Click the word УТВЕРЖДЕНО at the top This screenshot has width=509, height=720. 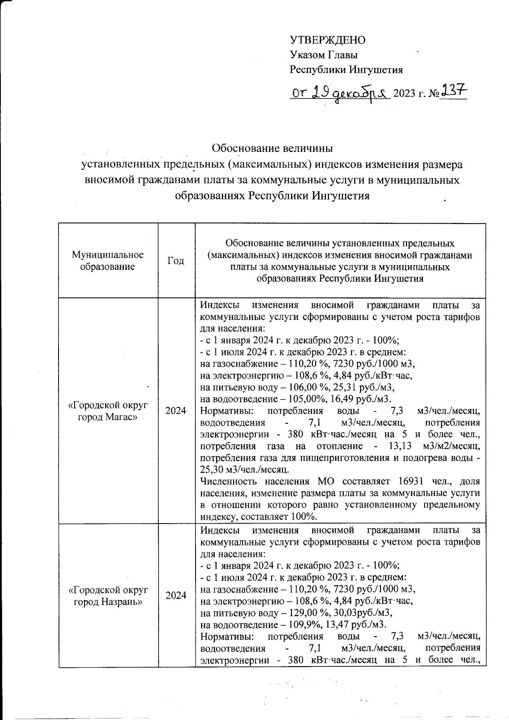(327, 40)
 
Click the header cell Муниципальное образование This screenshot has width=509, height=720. (108, 261)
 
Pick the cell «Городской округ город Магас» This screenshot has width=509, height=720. (108, 411)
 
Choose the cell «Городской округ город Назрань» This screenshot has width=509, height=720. (108, 596)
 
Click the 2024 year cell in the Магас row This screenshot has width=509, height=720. (176, 411)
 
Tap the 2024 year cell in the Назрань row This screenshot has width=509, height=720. (176, 596)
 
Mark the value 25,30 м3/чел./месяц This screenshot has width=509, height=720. (245, 470)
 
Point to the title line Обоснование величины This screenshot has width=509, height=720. (272, 148)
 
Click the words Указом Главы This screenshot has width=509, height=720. (324, 55)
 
